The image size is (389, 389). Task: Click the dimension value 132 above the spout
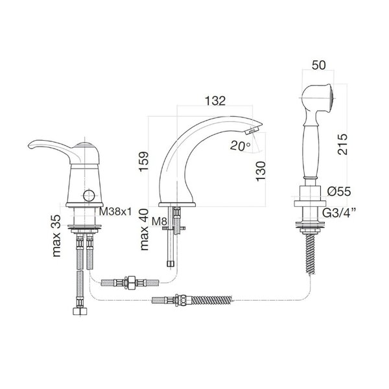tap(215, 100)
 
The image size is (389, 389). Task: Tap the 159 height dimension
tap(144, 161)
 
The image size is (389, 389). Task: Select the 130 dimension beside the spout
tap(261, 171)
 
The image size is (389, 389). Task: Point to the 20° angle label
tap(240, 146)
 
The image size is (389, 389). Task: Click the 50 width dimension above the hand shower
tap(318, 65)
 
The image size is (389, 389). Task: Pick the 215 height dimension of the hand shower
tap(342, 145)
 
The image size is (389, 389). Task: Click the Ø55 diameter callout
tap(339, 191)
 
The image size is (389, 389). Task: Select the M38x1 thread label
tap(115, 211)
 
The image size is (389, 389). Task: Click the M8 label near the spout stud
tap(159, 221)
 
